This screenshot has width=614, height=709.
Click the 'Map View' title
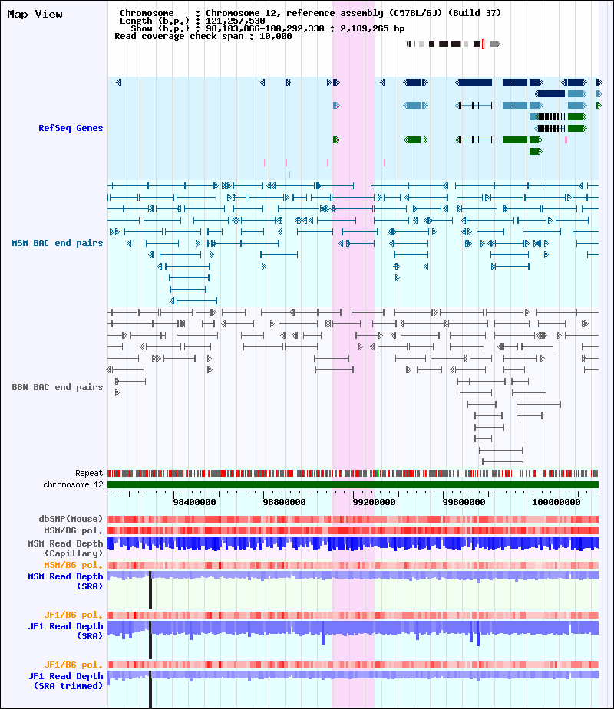tap(35, 14)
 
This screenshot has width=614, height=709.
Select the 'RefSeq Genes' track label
tap(71, 128)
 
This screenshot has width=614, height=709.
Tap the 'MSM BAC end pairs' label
tap(58, 243)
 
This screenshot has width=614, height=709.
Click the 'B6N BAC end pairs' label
tap(58, 387)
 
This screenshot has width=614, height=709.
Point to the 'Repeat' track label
tap(89, 473)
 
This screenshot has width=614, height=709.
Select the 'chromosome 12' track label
tap(74, 484)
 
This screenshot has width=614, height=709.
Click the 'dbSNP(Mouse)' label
tap(71, 519)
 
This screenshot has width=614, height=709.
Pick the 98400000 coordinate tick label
tap(195, 502)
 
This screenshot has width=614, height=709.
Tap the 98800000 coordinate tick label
tap(285, 502)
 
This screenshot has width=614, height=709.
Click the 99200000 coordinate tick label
tap(374, 502)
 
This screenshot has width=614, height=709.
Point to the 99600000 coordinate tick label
tap(464, 502)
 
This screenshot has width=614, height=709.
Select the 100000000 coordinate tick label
tap(556, 502)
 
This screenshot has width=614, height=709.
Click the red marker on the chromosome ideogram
tap(483, 44)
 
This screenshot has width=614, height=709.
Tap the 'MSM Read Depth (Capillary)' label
tap(66, 548)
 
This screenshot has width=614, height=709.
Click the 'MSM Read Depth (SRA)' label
tap(66, 581)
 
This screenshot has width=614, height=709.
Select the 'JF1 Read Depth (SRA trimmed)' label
tap(66, 681)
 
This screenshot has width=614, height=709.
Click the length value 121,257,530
tap(236, 21)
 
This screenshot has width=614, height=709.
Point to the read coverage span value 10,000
tap(276, 36)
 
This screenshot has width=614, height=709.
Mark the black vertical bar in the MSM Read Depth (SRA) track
tap(150, 590)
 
